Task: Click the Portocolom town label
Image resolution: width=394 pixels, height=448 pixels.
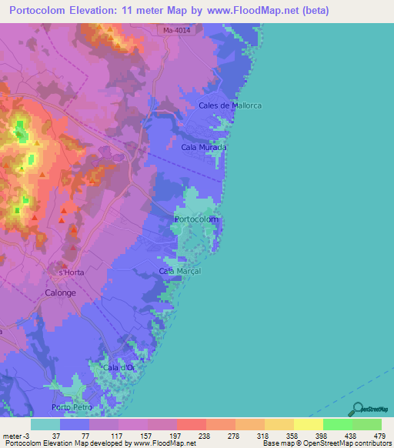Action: coord(197,219)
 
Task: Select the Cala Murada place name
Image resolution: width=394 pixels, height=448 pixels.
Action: coord(204,146)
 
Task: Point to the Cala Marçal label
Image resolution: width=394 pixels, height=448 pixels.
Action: coord(179,271)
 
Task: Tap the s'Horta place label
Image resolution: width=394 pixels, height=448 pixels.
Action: coord(71,272)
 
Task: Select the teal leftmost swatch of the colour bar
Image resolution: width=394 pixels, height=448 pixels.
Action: coord(45,425)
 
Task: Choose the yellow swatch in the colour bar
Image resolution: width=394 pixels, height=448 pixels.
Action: coord(309,425)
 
